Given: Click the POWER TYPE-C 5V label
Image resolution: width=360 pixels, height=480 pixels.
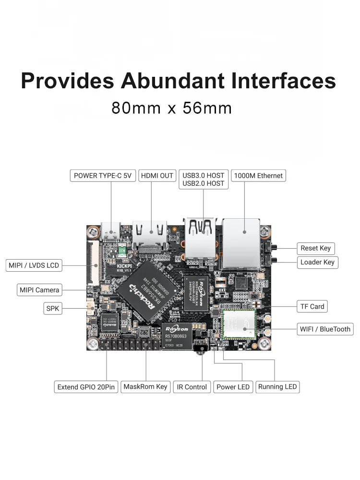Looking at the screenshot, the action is pyautogui.click(x=103, y=176).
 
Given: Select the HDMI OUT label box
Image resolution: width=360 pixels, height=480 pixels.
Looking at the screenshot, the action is pyautogui.click(x=157, y=176).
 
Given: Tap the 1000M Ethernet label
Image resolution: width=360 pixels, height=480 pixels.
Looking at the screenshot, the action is pyautogui.click(x=258, y=176).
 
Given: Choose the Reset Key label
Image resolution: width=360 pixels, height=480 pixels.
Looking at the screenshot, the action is pyautogui.click(x=315, y=248).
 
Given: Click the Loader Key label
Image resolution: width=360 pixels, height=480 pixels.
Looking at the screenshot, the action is pyautogui.click(x=317, y=262).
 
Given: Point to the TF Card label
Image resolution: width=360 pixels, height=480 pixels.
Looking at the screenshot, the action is pyautogui.click(x=312, y=306).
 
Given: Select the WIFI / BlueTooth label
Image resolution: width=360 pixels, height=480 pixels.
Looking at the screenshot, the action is pyautogui.click(x=325, y=329).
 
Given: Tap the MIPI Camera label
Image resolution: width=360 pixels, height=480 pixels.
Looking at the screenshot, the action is pyautogui.click(x=39, y=290).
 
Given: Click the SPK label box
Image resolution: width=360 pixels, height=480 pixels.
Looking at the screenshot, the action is pyautogui.click(x=52, y=308).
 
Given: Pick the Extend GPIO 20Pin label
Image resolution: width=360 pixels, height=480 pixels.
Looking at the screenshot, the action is pyautogui.click(x=86, y=387).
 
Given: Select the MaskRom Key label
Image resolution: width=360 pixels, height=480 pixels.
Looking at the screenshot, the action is pyautogui.click(x=145, y=386).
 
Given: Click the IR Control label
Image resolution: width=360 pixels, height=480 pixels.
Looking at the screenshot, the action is pyautogui.click(x=192, y=387).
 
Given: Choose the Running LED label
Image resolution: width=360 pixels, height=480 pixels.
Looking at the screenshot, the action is pyautogui.click(x=277, y=386).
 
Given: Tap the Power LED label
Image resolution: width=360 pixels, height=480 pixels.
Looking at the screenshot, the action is pyautogui.click(x=233, y=387).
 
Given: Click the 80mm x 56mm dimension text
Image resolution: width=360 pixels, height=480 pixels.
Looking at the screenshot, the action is pyautogui.click(x=171, y=108).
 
